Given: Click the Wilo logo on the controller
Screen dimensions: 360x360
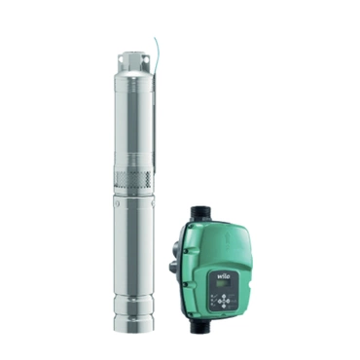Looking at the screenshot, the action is tap(225, 276).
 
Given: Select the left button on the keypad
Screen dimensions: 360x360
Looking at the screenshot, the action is tap(219, 302).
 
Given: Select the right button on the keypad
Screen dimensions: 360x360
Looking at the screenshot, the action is tap(229, 302).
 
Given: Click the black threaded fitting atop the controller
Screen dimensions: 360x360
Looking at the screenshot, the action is tap(201, 213).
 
